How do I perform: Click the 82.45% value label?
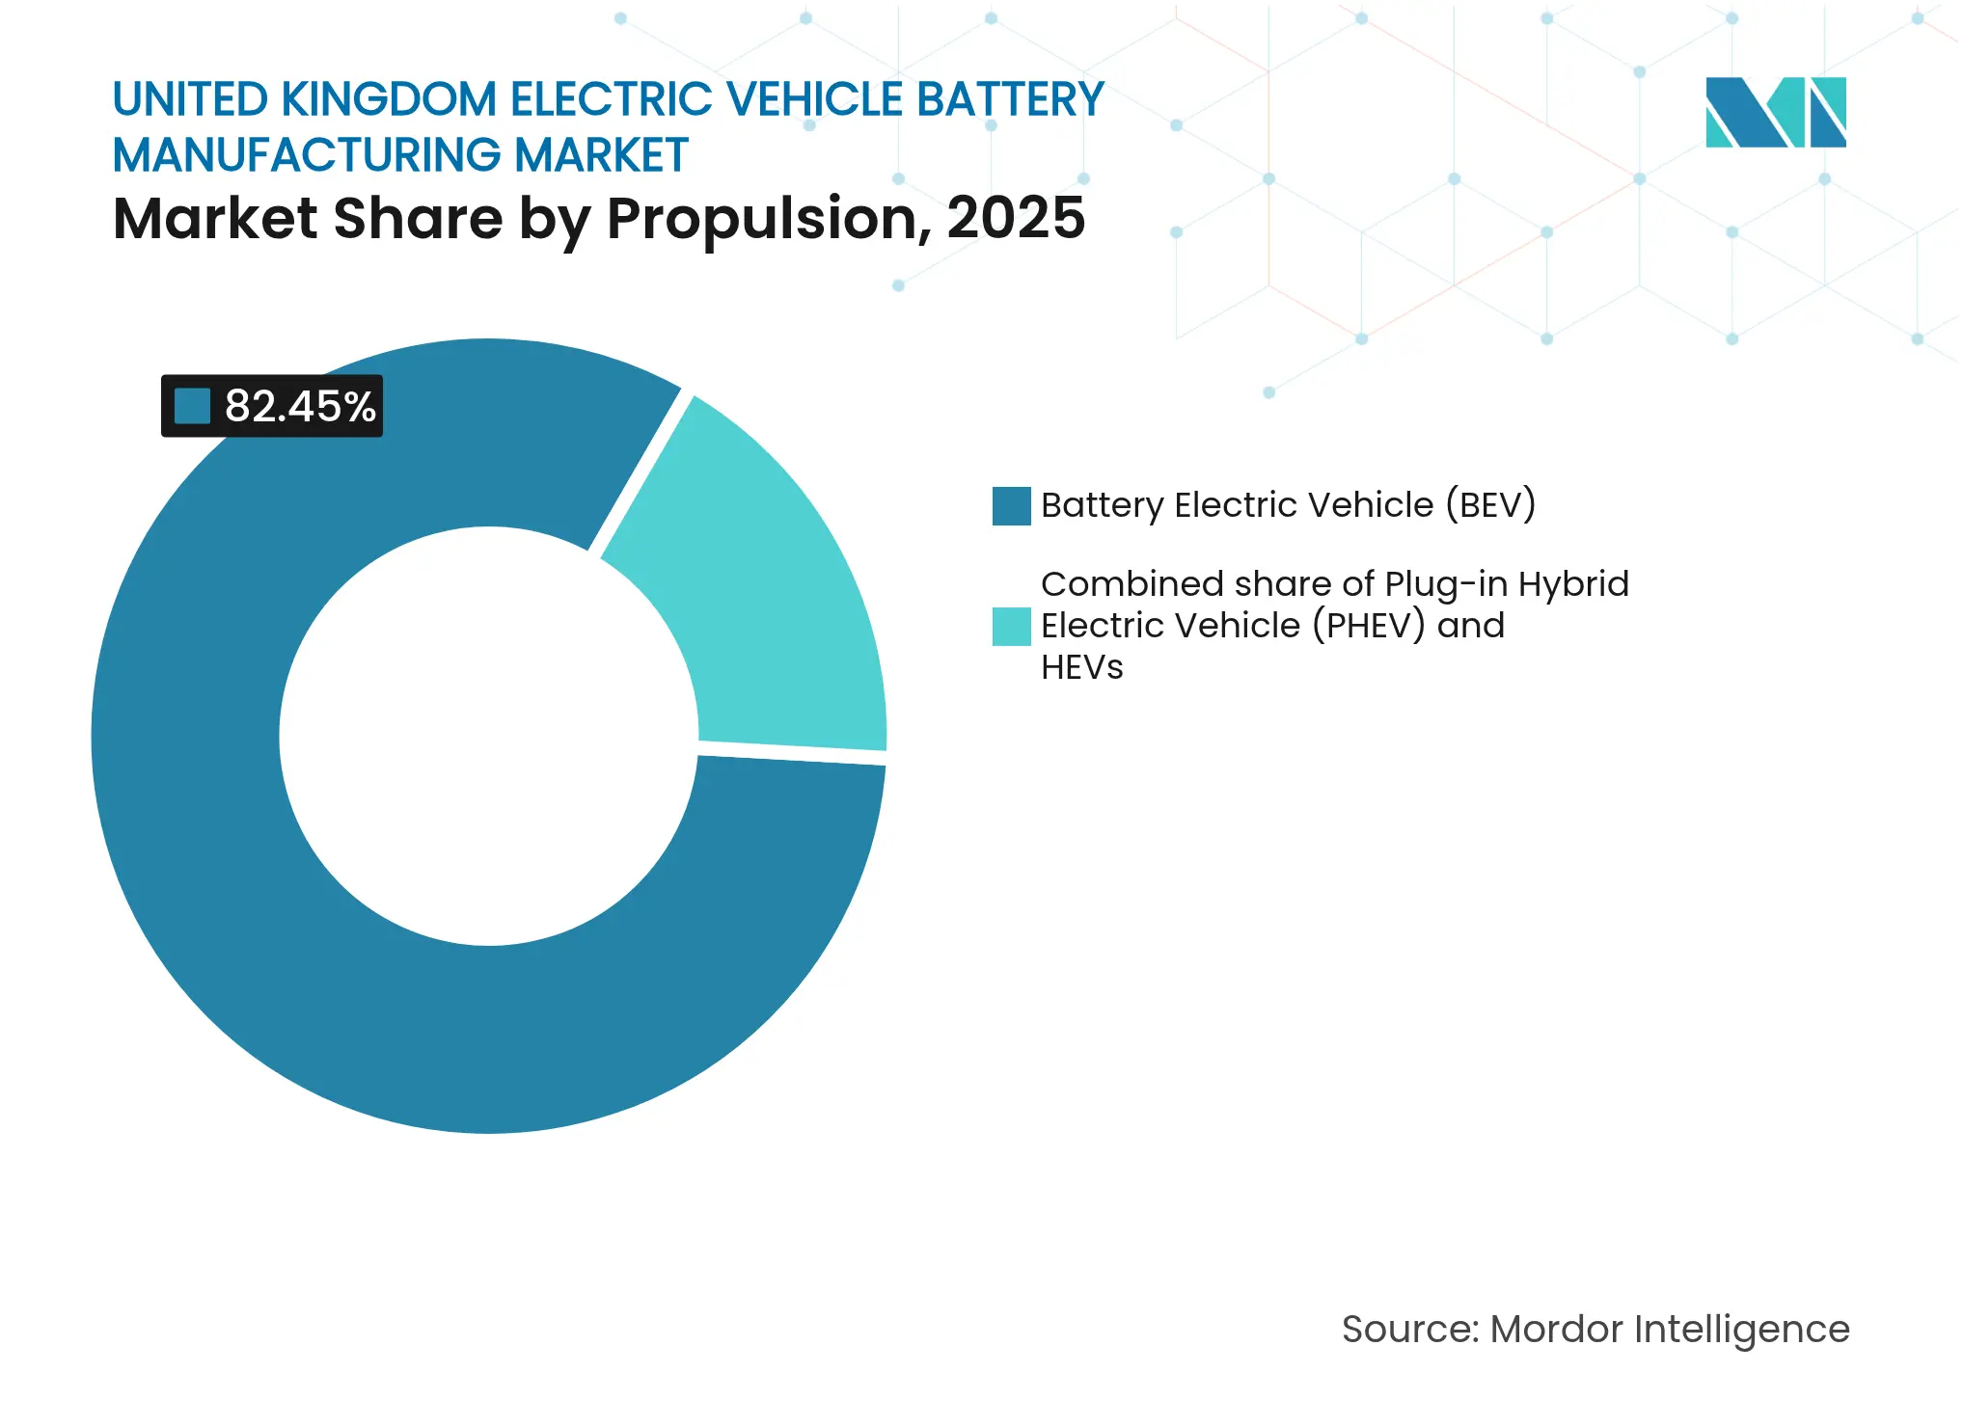click(299, 406)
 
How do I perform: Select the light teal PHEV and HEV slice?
click(772, 598)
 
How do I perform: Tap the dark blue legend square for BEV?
click(1011, 506)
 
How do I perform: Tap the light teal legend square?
click(1011, 627)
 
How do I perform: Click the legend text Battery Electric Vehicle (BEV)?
click(1288, 505)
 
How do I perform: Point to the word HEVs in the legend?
click(1081, 667)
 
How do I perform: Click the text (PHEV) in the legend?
click(1368, 626)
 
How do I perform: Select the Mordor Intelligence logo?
click(1775, 113)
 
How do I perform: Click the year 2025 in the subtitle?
click(1015, 218)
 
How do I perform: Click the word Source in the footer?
click(1408, 1330)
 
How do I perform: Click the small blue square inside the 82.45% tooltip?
click(192, 406)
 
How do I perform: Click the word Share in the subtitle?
click(418, 219)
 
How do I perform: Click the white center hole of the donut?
click(489, 736)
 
